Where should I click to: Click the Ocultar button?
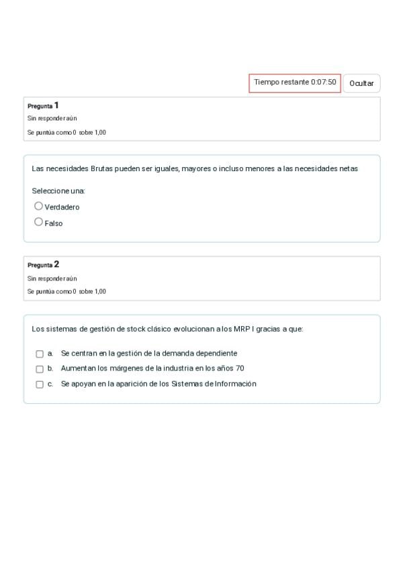[x=361, y=83]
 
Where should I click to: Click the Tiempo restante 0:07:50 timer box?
[x=295, y=83]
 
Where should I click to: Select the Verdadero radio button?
[x=38, y=206]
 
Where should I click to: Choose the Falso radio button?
[x=38, y=222]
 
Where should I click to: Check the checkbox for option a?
[x=40, y=354]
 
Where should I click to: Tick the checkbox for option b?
[x=40, y=369]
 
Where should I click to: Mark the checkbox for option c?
[x=40, y=384]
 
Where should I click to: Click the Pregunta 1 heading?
[x=43, y=105]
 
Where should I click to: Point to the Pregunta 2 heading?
[x=43, y=264]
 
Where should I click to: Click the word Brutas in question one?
[x=102, y=168]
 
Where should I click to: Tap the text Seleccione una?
[x=58, y=191]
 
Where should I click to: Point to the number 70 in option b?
[x=240, y=368]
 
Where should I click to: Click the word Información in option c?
[x=236, y=384]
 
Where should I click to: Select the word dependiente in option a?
[x=216, y=353]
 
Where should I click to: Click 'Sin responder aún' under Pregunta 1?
[x=52, y=119]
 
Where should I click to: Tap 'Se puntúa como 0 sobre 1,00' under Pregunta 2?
[x=66, y=292]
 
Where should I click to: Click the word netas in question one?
[x=348, y=168]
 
